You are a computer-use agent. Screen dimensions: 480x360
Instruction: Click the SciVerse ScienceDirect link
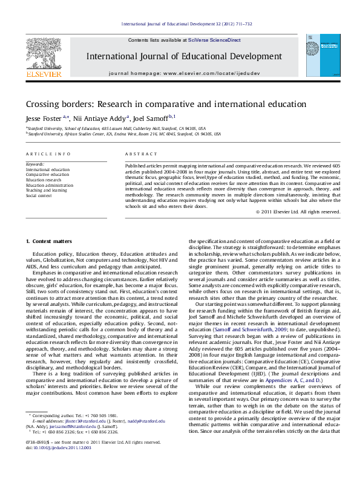point(214,40)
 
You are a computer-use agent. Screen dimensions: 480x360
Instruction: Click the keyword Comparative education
point(48,175)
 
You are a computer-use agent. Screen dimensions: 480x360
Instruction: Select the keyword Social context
point(39,196)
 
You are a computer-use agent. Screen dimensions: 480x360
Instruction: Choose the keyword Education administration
point(51,185)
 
